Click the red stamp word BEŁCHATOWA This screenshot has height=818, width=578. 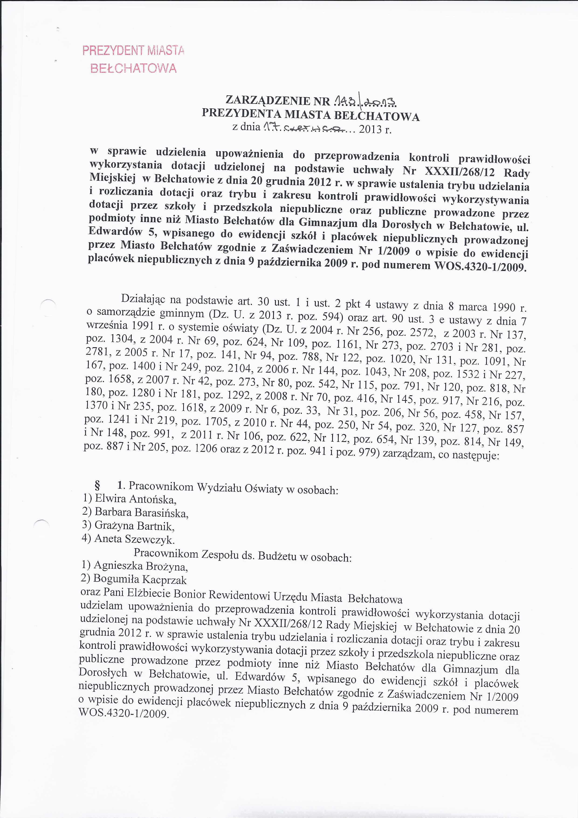coord(134,68)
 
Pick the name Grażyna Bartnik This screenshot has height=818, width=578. coord(134,526)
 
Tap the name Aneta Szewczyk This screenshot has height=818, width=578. coord(134,539)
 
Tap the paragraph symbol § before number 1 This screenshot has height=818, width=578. coord(96,485)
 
